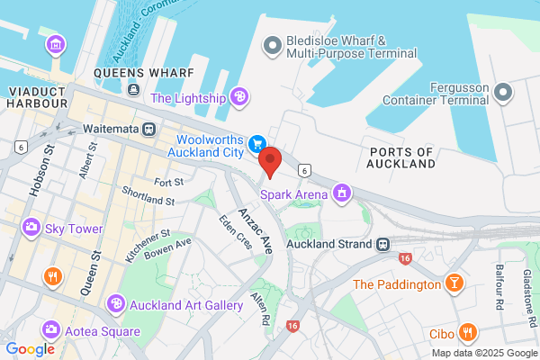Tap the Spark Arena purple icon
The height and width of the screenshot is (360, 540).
pos(341,193)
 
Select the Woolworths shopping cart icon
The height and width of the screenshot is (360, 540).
pos(257,143)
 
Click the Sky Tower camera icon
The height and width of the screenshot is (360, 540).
pos(32,229)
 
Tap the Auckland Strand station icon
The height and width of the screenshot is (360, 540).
pos(382,244)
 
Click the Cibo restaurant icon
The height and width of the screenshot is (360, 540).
pos(467,333)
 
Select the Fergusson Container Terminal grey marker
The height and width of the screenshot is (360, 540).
pos(503,92)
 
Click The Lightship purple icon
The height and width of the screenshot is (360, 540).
pos(239,96)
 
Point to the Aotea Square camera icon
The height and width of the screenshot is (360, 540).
pos(50,330)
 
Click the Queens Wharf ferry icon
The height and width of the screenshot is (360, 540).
pos(133,89)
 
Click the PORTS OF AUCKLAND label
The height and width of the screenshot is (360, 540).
pos(401,157)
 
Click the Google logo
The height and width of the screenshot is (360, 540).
pos(30,349)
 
